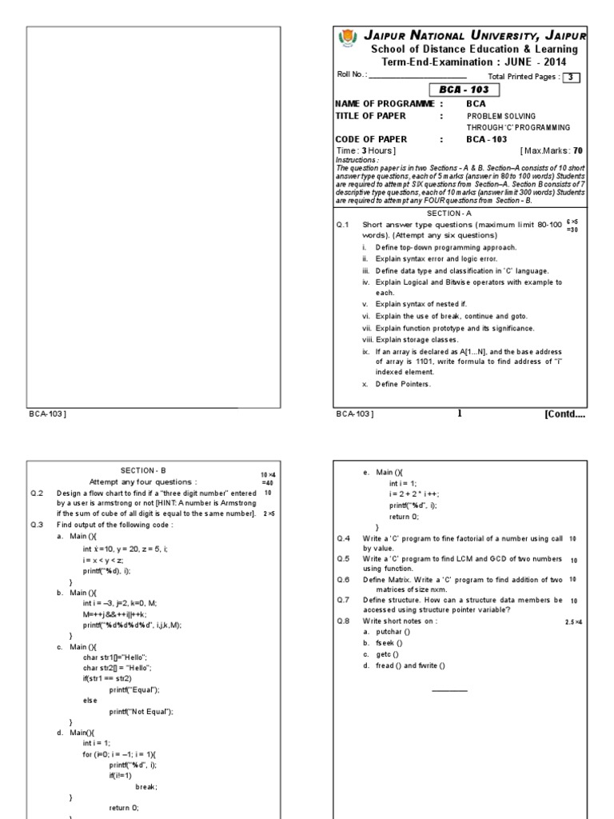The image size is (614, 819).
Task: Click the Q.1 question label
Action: (x=343, y=226)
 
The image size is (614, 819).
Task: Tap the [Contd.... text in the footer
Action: (x=564, y=413)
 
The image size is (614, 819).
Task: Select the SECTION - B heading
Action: (x=142, y=470)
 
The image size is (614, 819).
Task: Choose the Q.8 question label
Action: (x=343, y=621)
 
